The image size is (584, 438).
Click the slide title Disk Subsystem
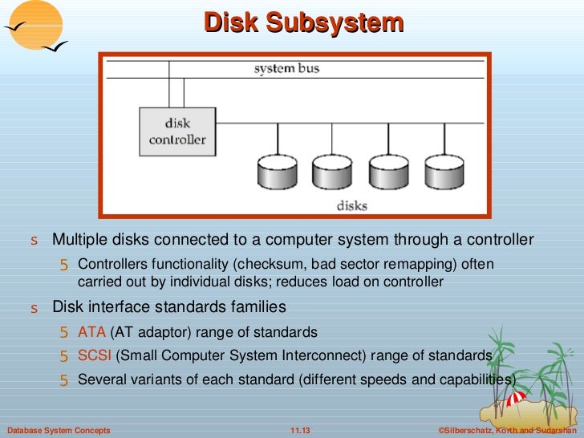coord(303,22)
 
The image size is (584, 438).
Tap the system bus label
coord(286,69)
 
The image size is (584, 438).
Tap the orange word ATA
coord(91,332)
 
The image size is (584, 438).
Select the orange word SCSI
coord(95,355)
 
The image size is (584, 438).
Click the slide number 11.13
coord(299,431)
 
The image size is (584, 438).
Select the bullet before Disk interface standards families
coord(34,308)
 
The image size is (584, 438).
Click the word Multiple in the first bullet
coord(77,240)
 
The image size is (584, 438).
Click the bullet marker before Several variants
coord(65,380)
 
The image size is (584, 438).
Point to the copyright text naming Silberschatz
coord(508,431)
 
